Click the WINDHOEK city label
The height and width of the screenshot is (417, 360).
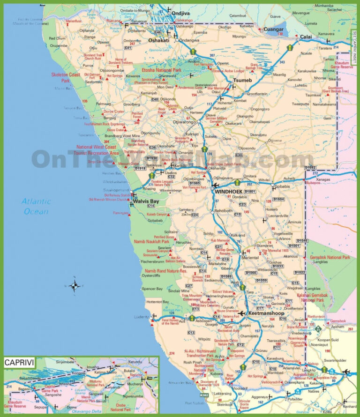(x=228, y=192)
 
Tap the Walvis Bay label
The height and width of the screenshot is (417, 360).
(x=146, y=201)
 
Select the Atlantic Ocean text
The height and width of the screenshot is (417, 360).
(x=35, y=207)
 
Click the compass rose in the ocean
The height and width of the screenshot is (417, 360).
(x=74, y=285)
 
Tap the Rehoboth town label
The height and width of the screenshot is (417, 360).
(x=224, y=211)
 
